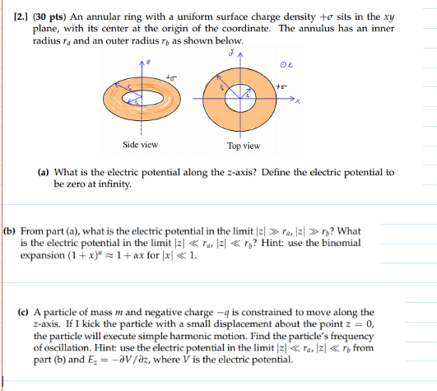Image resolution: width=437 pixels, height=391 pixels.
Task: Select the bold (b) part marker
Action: click(x=12, y=231)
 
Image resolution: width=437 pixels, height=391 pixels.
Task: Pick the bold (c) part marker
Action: click(x=24, y=313)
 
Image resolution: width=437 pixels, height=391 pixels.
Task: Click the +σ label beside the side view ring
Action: click(x=171, y=77)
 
